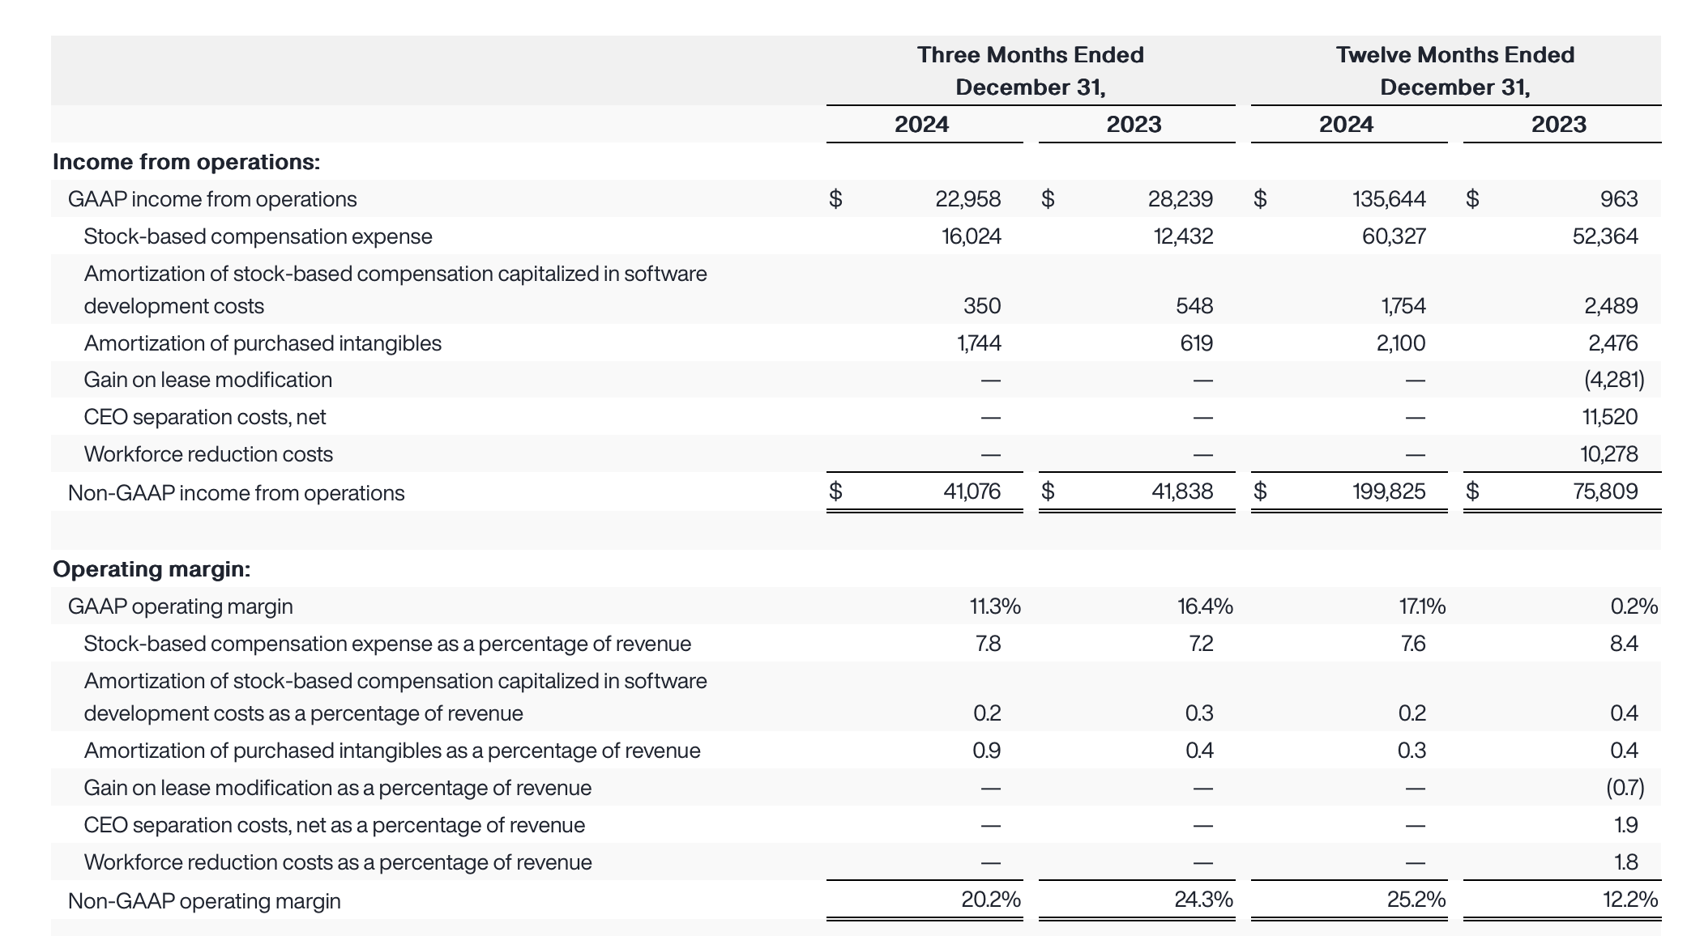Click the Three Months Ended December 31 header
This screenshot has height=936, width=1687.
coord(1030,71)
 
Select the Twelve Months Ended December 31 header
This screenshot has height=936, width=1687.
coord(1454,71)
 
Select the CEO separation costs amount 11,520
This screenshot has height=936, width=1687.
coord(1609,417)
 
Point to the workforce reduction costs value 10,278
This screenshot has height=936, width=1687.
coord(1608,454)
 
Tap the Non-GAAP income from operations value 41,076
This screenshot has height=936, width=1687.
coord(972,491)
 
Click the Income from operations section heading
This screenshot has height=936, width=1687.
coord(186,162)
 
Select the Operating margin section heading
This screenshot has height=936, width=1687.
coord(152,569)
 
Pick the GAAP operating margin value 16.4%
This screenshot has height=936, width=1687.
coord(1205,606)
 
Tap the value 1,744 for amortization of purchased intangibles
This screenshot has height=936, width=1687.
coord(979,343)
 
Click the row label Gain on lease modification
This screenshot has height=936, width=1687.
coord(208,380)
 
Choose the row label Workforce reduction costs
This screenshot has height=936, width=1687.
coord(208,454)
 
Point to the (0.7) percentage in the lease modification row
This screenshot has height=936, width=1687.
coord(1625,788)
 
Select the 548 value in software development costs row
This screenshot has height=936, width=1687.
coord(1194,306)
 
